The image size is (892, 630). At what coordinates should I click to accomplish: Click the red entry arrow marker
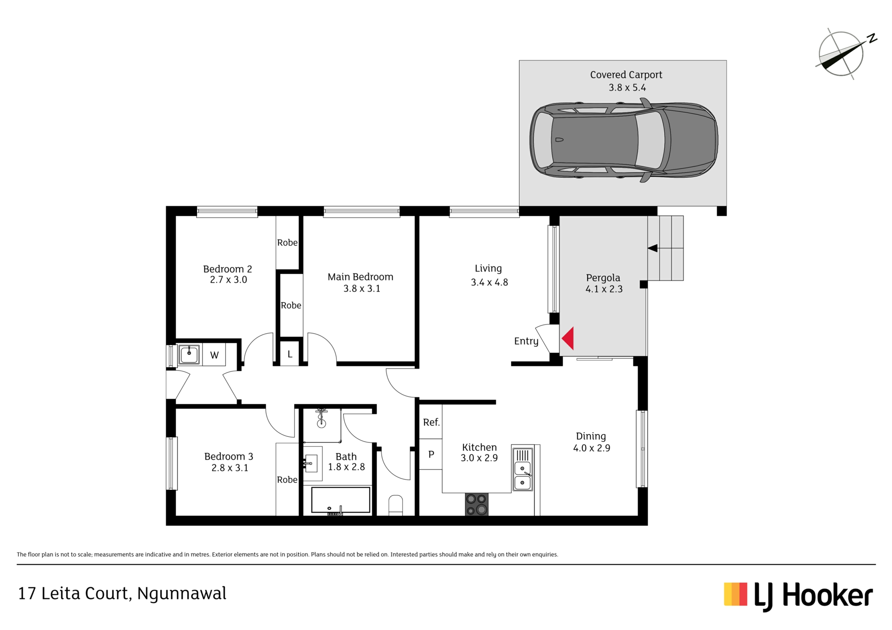coord(569,338)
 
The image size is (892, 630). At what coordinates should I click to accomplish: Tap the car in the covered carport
coord(624,140)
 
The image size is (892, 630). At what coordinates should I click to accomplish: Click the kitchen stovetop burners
coord(477,504)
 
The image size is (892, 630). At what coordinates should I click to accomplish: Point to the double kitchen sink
coord(523,468)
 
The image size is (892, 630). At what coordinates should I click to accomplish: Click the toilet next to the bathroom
coord(395,506)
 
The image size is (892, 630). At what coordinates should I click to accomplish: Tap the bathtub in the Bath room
coord(341,500)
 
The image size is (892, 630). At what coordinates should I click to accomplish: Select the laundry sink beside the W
coord(189,355)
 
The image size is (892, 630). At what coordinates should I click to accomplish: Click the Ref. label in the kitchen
coord(431,422)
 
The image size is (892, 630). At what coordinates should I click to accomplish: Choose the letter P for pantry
coord(431,454)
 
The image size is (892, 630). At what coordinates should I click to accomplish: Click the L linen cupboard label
coord(289,354)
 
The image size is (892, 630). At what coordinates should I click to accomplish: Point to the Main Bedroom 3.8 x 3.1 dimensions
coord(362,288)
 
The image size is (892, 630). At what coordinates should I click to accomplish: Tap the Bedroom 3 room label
coord(229,456)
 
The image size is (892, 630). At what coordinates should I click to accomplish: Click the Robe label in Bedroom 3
coord(287,480)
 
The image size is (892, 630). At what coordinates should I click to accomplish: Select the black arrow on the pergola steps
coord(653,248)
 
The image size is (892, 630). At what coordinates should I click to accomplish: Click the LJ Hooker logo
coord(798,596)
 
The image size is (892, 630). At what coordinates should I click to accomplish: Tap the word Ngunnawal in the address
coord(182,593)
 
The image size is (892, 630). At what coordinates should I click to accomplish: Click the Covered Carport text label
coord(626,75)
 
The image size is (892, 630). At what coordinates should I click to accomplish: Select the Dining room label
coord(591,436)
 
